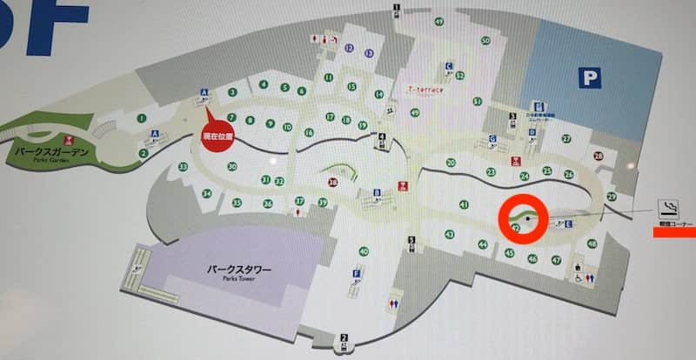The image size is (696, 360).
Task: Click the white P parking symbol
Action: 591,79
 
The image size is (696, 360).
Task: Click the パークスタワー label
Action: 240,270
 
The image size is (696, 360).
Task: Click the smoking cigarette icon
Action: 669,209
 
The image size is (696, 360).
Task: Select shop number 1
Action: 140,117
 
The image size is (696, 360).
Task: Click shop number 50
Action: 485,40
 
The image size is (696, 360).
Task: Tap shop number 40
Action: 364,252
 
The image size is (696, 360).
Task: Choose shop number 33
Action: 183,166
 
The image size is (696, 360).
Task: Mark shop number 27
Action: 566,138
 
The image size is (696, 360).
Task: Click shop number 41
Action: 464,205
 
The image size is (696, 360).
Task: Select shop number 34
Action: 206,194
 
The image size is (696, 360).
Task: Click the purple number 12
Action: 349,48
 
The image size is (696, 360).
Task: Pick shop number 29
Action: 612,197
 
